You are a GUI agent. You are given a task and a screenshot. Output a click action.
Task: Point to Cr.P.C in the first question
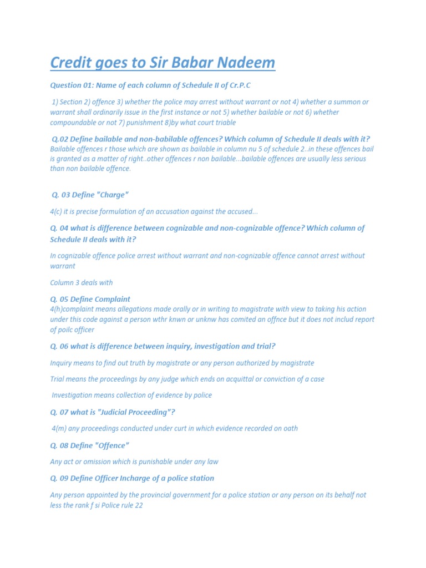tap(247, 85)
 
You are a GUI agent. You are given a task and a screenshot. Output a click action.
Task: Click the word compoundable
tap(74, 123)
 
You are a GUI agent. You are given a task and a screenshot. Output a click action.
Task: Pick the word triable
tap(223, 123)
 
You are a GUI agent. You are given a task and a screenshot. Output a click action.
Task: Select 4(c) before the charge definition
tap(58, 211)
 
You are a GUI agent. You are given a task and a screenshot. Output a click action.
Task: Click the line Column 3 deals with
tap(81, 283)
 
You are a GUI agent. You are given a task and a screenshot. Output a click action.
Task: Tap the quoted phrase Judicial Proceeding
tap(127, 412)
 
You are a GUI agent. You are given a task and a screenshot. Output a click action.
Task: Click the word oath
tap(290, 429)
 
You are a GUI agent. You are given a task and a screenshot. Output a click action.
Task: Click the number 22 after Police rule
tap(139, 506)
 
